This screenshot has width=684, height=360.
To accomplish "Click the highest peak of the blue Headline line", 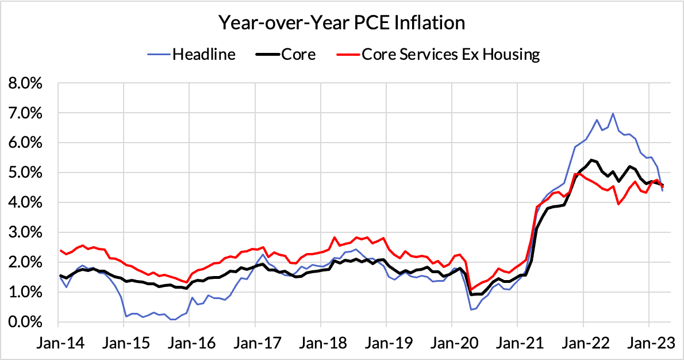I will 613,113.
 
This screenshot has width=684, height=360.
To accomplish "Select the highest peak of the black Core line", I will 591,160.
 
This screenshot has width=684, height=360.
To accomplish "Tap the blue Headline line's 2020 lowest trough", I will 471,309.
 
